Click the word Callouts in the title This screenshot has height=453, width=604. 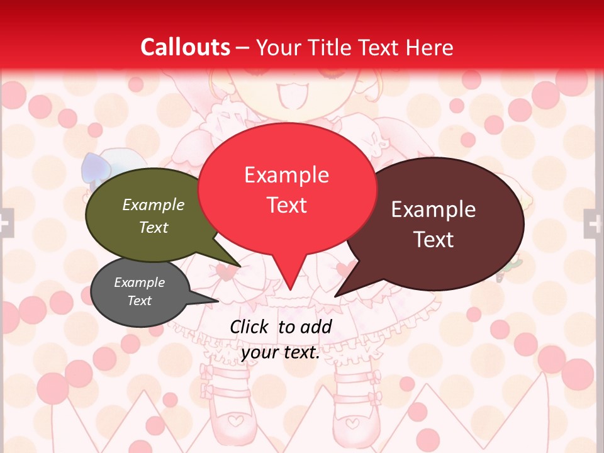(185, 47)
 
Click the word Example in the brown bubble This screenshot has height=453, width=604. (433, 210)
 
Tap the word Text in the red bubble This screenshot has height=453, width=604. (287, 205)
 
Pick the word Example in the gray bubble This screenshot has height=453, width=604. (140, 282)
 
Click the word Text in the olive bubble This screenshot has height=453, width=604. (154, 227)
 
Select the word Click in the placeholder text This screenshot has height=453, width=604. (250, 327)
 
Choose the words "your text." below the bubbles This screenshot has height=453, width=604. (281, 352)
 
